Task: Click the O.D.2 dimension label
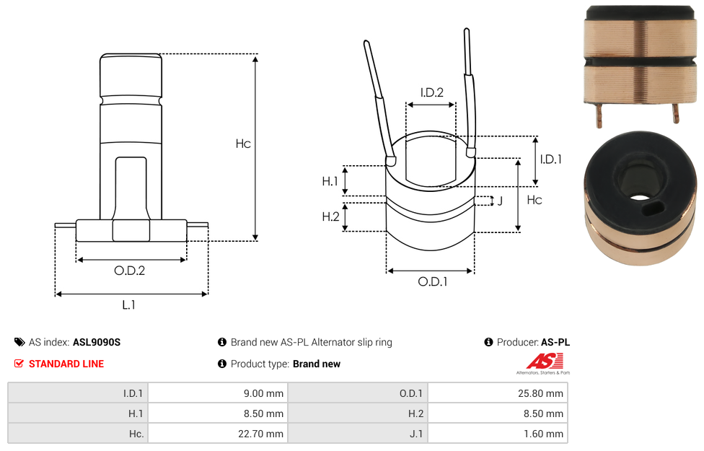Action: pos(130,271)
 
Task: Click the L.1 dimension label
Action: pos(128,305)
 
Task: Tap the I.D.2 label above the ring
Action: pos(431,92)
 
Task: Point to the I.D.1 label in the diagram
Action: pos(551,159)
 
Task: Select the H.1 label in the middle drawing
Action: pos(330,181)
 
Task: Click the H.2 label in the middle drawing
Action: pos(330,216)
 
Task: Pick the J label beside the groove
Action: pos(500,201)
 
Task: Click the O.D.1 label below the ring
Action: pos(433,282)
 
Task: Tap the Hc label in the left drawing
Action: pos(243,144)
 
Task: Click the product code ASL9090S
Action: pos(97,342)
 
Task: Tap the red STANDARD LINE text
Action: pos(66,364)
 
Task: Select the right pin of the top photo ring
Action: pos(676,113)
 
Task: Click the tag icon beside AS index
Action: pos(19,342)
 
